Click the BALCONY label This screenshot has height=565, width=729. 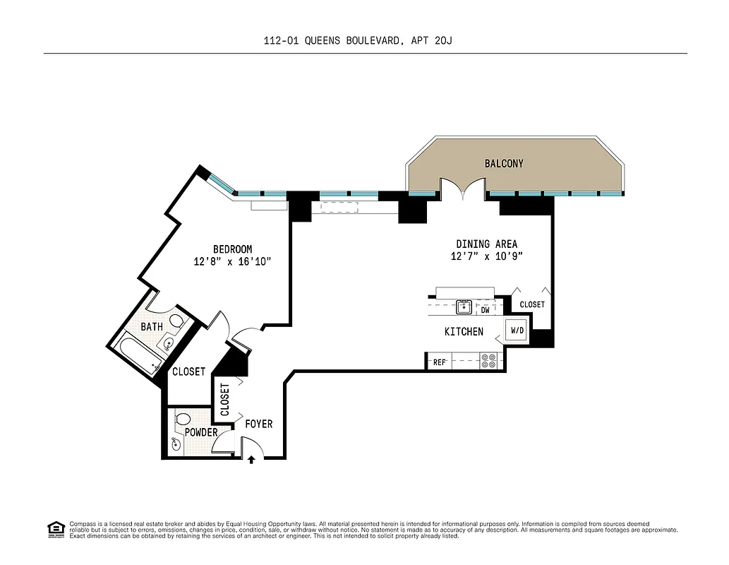point(504,163)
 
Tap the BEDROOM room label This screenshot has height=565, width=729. point(232,249)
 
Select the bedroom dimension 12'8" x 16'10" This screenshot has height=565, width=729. point(232,261)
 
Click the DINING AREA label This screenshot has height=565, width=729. point(486,244)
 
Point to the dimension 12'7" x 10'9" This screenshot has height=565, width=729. point(486,256)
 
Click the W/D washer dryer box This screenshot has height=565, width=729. point(517,330)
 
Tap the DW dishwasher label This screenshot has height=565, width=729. point(485,309)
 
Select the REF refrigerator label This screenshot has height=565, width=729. point(439,362)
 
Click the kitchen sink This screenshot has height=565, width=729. point(464,307)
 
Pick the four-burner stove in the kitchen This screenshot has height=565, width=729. point(488,362)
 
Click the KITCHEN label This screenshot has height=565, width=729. point(464,331)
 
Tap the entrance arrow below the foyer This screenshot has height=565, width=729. point(252,460)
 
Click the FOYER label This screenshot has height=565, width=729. point(258,424)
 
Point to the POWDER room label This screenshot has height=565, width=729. point(201,432)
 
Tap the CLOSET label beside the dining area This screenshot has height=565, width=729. point(531,304)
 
